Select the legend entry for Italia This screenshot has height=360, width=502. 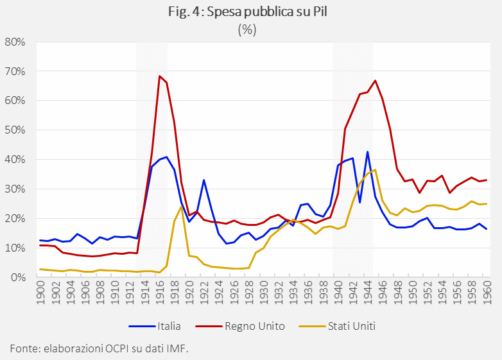click(169, 326)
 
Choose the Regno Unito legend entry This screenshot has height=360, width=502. click(254, 326)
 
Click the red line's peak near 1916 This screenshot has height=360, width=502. click(159, 76)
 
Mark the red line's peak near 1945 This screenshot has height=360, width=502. click(375, 80)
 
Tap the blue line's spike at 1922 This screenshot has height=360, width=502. click(203, 180)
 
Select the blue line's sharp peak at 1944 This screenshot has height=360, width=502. click(367, 152)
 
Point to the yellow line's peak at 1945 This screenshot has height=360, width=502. click(375, 169)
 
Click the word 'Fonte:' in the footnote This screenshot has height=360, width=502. click(24, 348)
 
